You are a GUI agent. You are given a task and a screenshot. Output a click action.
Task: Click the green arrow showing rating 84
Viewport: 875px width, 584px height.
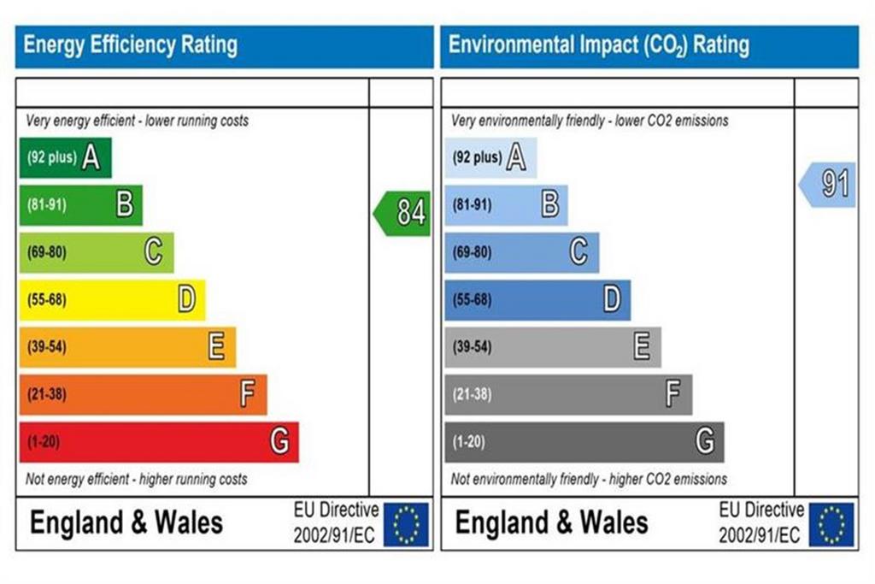pyautogui.click(x=402, y=213)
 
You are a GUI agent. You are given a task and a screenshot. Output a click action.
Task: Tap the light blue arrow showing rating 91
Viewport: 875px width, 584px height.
pyautogui.click(x=827, y=185)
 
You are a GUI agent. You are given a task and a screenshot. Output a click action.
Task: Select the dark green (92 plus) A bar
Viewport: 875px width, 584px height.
pyautogui.click(x=65, y=158)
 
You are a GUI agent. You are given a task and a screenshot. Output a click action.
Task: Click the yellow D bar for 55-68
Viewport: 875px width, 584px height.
pyautogui.click(x=112, y=300)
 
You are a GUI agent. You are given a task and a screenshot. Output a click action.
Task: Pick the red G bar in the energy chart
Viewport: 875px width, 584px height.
pyautogui.click(x=159, y=442)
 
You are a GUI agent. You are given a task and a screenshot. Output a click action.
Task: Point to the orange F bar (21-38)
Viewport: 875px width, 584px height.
pyautogui.click(x=144, y=395)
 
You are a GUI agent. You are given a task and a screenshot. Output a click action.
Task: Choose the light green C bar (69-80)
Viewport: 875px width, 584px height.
pyautogui.click(x=97, y=252)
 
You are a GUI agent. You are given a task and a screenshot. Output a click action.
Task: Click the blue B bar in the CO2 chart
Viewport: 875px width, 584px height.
pyautogui.click(x=506, y=205)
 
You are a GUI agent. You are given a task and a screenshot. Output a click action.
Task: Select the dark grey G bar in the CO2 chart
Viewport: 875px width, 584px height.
pyautogui.click(x=584, y=442)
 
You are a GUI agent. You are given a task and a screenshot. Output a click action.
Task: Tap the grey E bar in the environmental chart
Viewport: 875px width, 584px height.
pyautogui.click(x=553, y=347)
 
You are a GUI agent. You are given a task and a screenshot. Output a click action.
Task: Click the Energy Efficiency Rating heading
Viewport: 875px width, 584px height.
pyautogui.click(x=131, y=44)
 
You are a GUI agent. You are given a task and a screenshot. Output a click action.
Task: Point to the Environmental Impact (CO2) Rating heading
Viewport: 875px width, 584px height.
pyautogui.click(x=599, y=45)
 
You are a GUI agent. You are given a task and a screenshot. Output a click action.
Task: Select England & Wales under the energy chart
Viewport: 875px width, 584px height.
pyautogui.click(x=126, y=523)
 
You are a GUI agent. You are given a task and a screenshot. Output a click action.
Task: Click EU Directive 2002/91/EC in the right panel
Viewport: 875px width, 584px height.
pyautogui.click(x=761, y=522)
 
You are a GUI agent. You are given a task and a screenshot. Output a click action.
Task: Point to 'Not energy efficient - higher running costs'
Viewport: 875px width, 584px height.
pyautogui.click(x=136, y=479)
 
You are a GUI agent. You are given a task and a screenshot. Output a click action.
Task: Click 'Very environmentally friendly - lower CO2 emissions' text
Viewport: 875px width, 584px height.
pyautogui.click(x=590, y=121)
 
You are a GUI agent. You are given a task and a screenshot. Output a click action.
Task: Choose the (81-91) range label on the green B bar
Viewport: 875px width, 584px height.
pyautogui.click(x=47, y=205)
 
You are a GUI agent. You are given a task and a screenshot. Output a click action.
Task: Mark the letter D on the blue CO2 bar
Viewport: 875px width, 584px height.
pyautogui.click(x=612, y=299)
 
